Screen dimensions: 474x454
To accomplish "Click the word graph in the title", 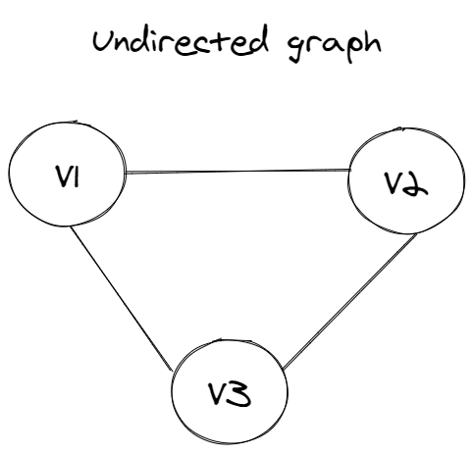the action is (x=335, y=47).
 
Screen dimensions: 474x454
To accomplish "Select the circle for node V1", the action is (x=9, y=174).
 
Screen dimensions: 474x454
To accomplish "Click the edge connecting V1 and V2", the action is (x=237, y=171).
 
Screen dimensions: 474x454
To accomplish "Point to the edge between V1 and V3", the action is (x=122, y=299).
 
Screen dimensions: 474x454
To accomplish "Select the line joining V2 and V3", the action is (x=350, y=302).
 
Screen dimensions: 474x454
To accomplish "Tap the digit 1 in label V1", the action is (x=77, y=177).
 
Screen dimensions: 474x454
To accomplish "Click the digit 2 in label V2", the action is (x=415, y=184).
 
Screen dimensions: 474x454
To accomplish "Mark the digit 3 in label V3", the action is (x=239, y=393).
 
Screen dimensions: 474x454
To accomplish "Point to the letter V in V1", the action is (x=63, y=177).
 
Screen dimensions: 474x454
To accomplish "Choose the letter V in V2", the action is (x=394, y=183).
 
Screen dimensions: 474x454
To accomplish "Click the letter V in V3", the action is (x=219, y=393).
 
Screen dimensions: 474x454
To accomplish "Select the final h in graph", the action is (x=372, y=42).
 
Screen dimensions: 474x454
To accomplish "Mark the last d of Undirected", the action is (x=258, y=40).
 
